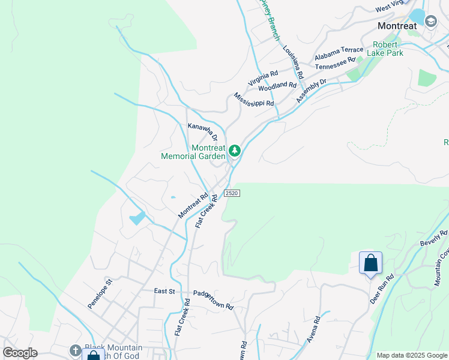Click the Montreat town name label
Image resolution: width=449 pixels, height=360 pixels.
point(397,26)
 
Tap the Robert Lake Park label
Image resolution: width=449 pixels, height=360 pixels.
point(388,49)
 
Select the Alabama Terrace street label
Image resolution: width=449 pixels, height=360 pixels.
point(339,53)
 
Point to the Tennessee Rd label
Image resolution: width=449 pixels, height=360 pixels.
point(335,62)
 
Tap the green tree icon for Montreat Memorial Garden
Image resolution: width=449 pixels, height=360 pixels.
point(235,151)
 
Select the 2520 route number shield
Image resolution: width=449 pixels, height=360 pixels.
point(232,193)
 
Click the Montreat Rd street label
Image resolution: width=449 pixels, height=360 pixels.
point(193,205)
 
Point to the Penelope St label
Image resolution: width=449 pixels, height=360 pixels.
point(100,293)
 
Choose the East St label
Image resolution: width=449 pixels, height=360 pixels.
point(164,291)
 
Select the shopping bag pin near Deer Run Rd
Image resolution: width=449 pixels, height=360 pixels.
point(370,263)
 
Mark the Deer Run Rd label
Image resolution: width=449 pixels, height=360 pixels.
point(381,289)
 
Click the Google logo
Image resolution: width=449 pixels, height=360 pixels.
point(20,353)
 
